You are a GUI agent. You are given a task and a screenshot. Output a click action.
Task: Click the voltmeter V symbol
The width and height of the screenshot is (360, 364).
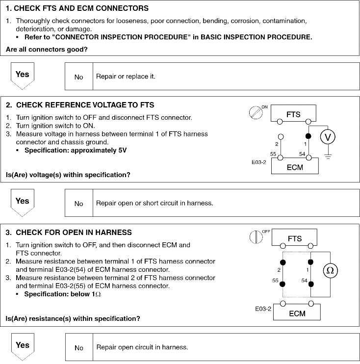click(x=328, y=137)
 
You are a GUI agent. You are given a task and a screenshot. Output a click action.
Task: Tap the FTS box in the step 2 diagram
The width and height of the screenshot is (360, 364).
click(x=293, y=114)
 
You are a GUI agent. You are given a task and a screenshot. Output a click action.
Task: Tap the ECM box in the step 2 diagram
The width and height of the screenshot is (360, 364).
click(x=294, y=166)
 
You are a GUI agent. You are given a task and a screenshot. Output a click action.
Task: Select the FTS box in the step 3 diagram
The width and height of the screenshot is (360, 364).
click(x=294, y=239)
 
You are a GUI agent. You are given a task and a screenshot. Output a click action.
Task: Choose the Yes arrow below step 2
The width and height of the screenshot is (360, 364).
click(x=23, y=202)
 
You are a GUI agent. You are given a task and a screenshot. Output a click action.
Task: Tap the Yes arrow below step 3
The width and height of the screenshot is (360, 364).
click(x=23, y=346)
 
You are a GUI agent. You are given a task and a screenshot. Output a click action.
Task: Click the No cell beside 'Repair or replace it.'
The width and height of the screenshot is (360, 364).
click(x=79, y=77)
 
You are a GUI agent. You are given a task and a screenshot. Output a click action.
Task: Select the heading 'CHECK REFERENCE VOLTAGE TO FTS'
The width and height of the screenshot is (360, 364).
click(x=85, y=105)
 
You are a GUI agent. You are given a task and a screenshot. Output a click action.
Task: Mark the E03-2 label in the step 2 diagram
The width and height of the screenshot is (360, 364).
click(x=258, y=160)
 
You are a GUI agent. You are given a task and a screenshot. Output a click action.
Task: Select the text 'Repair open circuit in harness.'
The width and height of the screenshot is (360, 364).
click(x=142, y=347)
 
